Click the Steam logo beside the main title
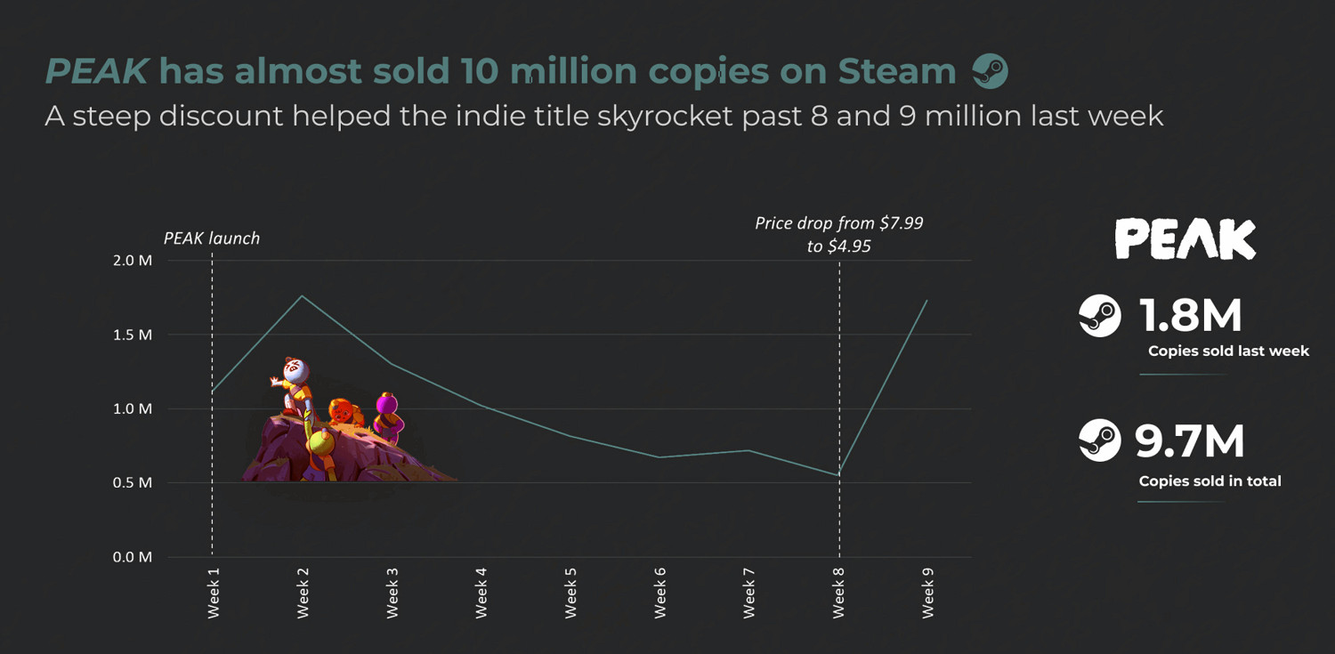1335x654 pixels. click(990, 71)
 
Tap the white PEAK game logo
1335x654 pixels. click(1185, 238)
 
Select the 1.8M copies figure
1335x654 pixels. click(1191, 317)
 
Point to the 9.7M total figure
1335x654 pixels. click(1191, 441)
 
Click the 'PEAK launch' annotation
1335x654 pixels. click(212, 238)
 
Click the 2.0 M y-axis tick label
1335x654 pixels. click(133, 261)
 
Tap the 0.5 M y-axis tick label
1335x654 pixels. click(133, 483)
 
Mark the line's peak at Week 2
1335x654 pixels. click(302, 295)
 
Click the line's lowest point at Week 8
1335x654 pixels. click(838, 475)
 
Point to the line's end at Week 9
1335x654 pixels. click(927, 301)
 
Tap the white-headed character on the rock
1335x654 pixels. click(295, 372)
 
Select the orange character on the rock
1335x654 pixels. click(342, 412)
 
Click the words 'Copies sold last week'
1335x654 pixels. click(1228, 351)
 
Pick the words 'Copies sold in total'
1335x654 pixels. click(1210, 481)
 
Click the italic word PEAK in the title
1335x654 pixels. click(96, 71)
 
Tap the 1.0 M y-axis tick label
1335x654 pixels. click(133, 409)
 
